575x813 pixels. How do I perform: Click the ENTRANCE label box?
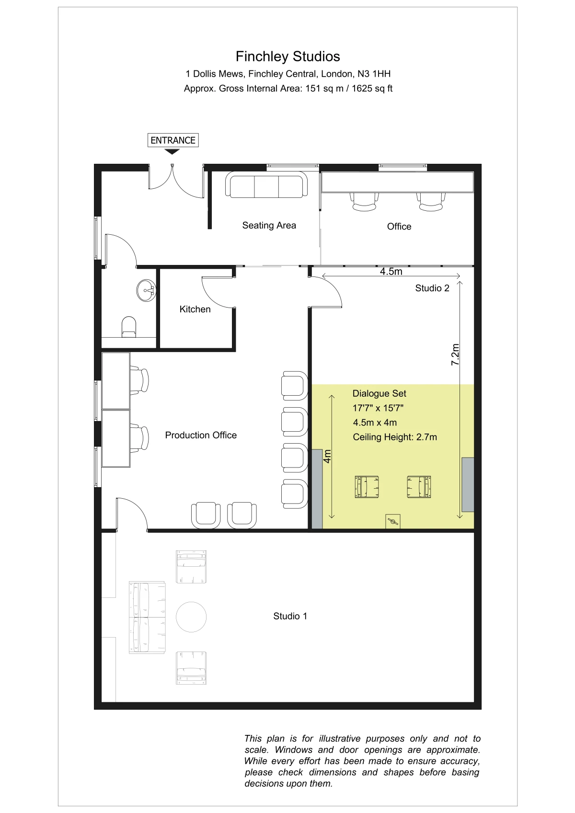[173, 140]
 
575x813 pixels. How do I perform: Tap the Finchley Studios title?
[288, 57]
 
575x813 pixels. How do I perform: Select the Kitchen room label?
[195, 309]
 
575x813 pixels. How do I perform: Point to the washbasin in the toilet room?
[146, 290]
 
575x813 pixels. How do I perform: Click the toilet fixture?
[129, 327]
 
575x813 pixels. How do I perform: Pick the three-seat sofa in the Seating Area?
[266, 184]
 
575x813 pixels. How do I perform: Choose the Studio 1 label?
[290, 616]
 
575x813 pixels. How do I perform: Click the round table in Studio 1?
[191, 617]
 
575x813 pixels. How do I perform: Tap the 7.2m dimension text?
[455, 355]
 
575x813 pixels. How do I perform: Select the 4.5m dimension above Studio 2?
[391, 272]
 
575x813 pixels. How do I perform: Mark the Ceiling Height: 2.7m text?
[395, 437]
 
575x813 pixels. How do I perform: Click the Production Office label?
[201, 435]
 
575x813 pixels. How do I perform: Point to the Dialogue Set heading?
[379, 393]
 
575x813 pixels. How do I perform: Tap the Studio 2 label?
[432, 288]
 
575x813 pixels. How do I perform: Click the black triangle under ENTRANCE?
[172, 152]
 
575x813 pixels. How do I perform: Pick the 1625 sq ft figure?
[372, 89]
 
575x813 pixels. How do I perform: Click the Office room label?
[399, 227]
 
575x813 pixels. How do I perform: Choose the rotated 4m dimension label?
[327, 456]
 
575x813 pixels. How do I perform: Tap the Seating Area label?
[269, 225]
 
